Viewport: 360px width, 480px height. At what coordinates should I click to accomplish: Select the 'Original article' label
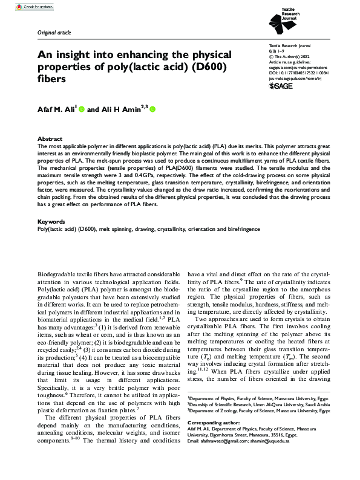[54, 31]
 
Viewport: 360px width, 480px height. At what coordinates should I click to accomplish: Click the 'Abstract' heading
[50, 138]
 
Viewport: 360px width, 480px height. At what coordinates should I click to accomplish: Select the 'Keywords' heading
[51, 222]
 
